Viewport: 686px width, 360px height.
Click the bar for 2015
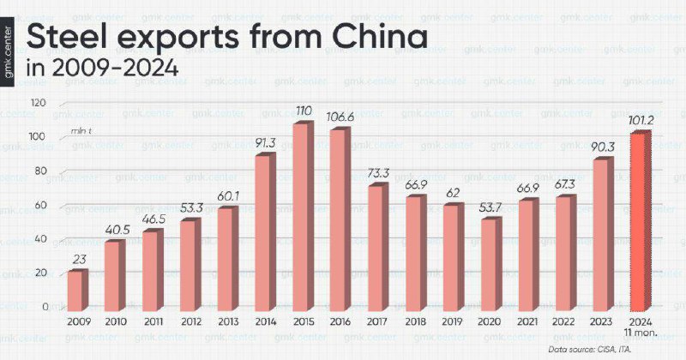pos(302,218)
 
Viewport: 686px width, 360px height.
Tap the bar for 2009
pos(77,290)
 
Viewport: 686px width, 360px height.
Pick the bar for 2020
pos(490,264)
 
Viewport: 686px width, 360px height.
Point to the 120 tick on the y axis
pos(38,103)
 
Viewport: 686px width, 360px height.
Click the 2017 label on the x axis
pos(377,321)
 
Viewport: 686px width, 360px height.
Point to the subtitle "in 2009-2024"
pos(104,69)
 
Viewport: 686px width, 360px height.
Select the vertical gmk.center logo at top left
pos(10,51)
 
